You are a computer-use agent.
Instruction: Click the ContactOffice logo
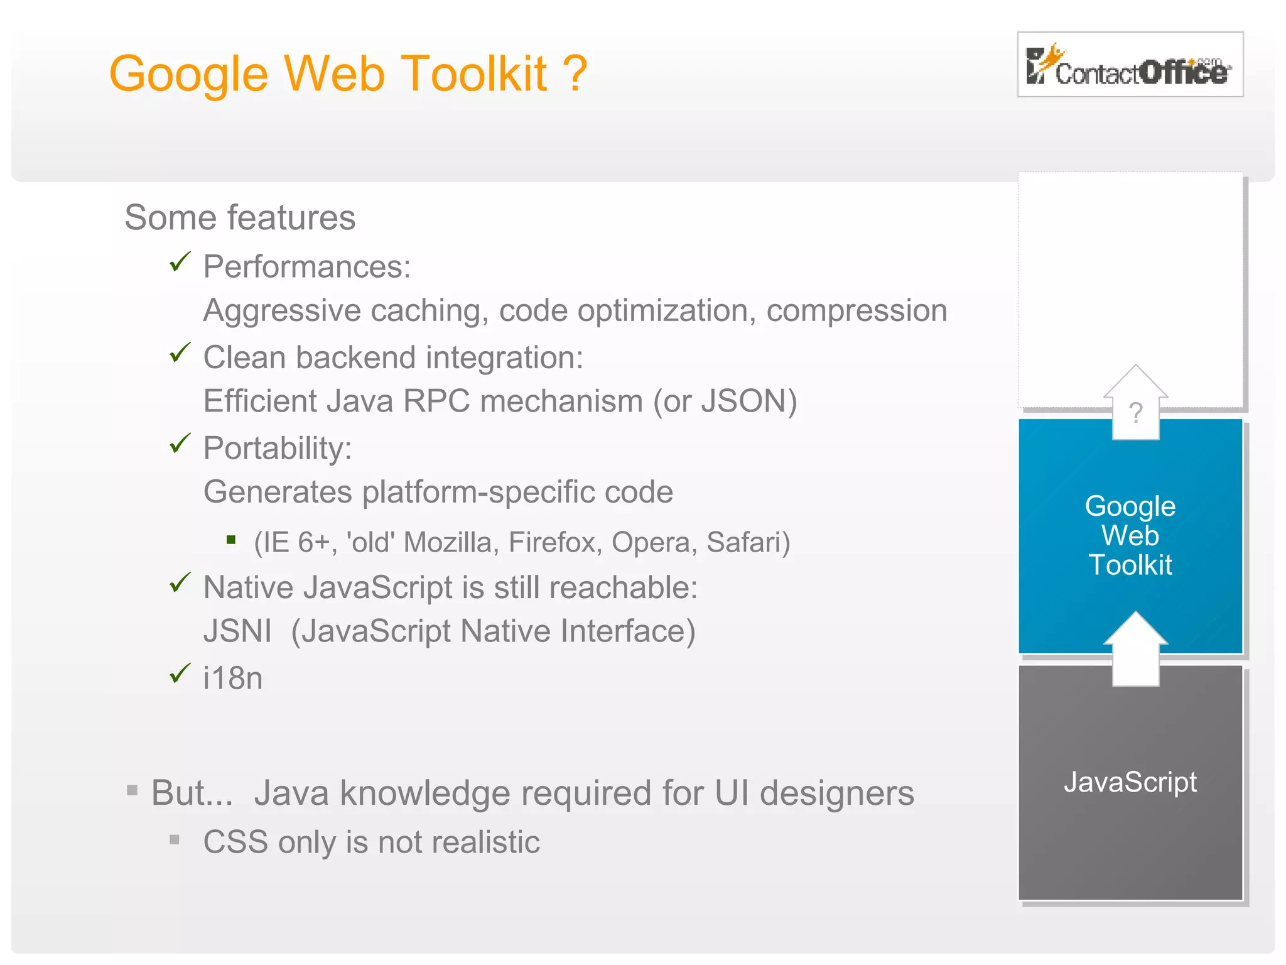click(1130, 65)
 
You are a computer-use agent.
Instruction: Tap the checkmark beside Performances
click(180, 262)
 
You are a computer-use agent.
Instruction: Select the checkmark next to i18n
click(180, 673)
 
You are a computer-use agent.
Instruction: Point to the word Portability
click(277, 449)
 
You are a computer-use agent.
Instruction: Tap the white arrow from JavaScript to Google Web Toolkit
click(1135, 650)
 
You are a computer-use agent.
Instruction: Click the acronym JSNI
click(237, 631)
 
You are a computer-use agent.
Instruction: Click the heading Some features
click(240, 218)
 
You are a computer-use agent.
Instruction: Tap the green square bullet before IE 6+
click(231, 540)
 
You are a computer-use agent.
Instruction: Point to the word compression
click(856, 311)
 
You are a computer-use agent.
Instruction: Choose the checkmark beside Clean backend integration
click(180, 353)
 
